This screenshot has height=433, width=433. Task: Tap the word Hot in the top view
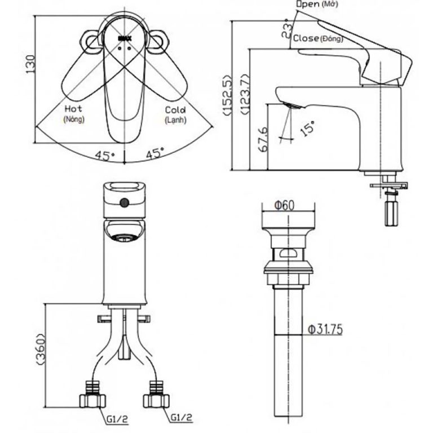(73, 108)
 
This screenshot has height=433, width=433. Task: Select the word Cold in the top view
(175, 110)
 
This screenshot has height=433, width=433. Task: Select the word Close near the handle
(304, 38)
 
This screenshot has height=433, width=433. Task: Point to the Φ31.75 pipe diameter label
(326, 329)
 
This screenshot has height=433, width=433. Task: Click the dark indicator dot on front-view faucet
(125, 202)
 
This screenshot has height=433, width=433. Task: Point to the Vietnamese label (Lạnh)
(175, 121)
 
